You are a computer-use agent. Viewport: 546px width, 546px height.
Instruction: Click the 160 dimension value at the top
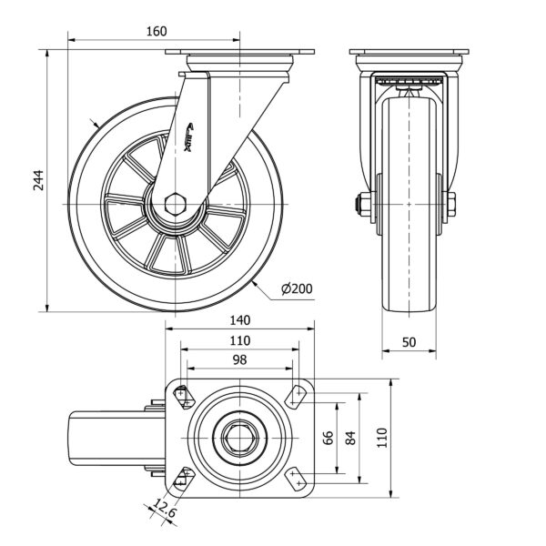pos(157,31)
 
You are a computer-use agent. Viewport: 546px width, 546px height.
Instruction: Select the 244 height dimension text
pos(35,182)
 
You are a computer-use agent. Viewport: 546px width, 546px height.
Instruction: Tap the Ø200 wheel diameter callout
pos(298,289)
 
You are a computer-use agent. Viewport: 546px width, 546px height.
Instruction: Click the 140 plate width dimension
pos(238,321)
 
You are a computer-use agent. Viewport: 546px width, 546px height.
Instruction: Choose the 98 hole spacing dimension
pos(238,361)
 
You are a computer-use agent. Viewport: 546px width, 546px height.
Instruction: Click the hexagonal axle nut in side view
pos(179,202)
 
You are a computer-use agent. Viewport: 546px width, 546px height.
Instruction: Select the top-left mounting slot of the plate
pos(185,396)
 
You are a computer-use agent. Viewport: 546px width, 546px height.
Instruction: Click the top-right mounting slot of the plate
pos(295,396)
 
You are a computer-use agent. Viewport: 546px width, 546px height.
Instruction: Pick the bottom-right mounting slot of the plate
pos(295,478)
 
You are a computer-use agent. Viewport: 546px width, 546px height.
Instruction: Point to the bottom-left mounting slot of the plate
pos(185,477)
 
